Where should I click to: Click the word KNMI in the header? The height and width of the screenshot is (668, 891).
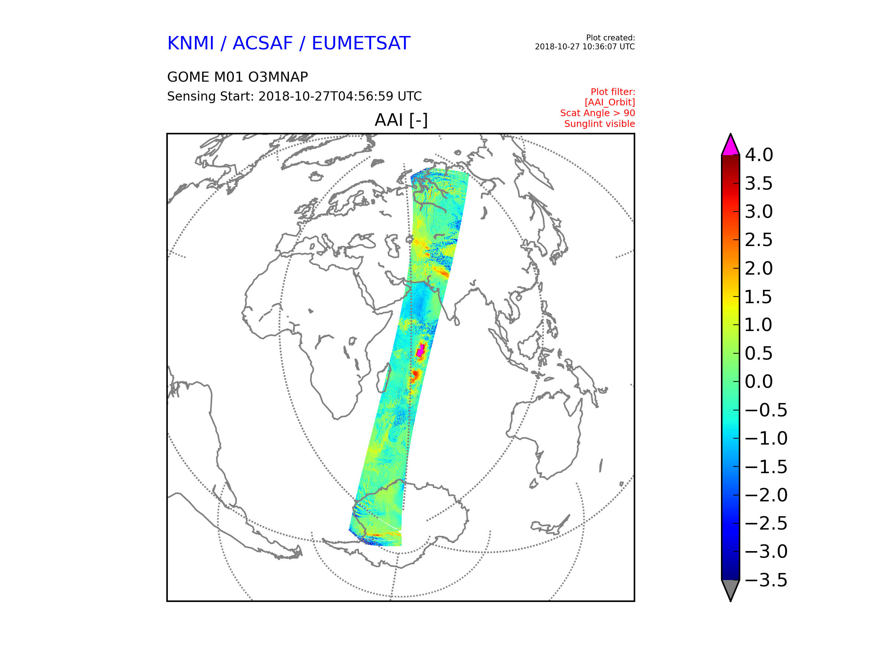coord(190,43)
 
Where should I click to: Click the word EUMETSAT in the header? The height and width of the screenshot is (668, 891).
coord(361,43)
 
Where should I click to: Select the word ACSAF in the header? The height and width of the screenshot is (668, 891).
coord(262,43)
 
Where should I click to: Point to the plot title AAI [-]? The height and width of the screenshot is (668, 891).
coord(401,120)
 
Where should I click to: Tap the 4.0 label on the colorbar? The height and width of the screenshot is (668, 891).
coord(759,155)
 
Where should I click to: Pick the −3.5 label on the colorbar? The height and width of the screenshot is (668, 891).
coord(766,580)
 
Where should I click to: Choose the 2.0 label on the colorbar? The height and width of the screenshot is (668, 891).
coord(759,269)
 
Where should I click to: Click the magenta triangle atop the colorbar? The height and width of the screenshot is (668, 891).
coord(731,146)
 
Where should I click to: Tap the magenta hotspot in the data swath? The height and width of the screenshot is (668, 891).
coord(421,351)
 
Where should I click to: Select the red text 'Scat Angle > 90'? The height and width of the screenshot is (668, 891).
coord(597,113)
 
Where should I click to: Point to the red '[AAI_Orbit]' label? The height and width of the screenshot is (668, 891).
coord(610,103)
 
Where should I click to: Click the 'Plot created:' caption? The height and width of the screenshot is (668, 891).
coord(610,38)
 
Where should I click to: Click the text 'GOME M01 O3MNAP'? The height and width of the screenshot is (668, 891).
coord(238,77)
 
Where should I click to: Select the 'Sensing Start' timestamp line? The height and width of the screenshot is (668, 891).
coord(294,96)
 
